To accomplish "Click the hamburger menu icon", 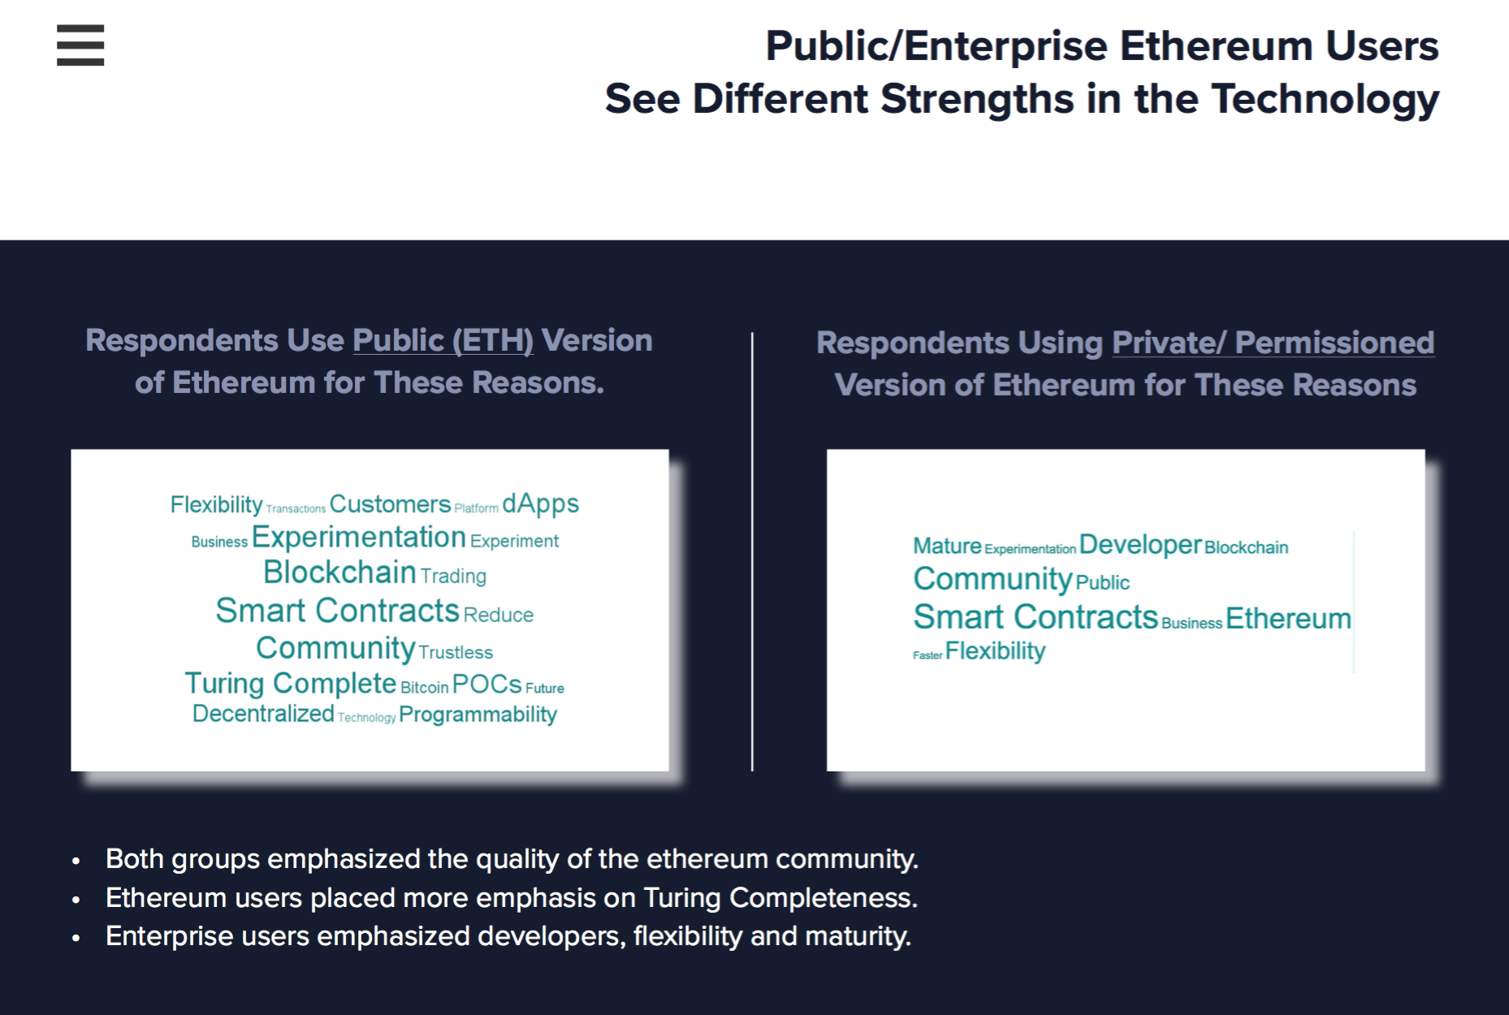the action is pyautogui.click(x=80, y=45).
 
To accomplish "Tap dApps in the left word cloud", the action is pyautogui.click(x=540, y=505).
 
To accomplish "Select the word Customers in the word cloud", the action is pyautogui.click(x=390, y=504).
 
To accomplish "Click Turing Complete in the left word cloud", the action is pyautogui.click(x=291, y=684).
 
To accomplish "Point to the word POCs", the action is pyautogui.click(x=486, y=685).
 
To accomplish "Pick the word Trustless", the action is pyautogui.click(x=456, y=652).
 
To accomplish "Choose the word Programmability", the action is pyautogui.click(x=478, y=715).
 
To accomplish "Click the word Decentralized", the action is pyautogui.click(x=263, y=714).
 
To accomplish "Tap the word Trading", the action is pyautogui.click(x=453, y=577).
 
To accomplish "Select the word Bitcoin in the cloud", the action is pyautogui.click(x=424, y=688).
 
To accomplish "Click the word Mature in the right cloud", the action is pyautogui.click(x=947, y=546).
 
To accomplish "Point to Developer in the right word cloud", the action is pyautogui.click(x=1140, y=545).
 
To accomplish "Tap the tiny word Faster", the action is pyautogui.click(x=927, y=655).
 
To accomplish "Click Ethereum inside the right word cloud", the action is pyautogui.click(x=1288, y=619).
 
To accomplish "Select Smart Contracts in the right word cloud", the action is pyautogui.click(x=1036, y=617).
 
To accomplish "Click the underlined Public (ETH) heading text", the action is pyautogui.click(x=443, y=341).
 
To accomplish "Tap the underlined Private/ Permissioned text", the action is pyautogui.click(x=1273, y=343).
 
